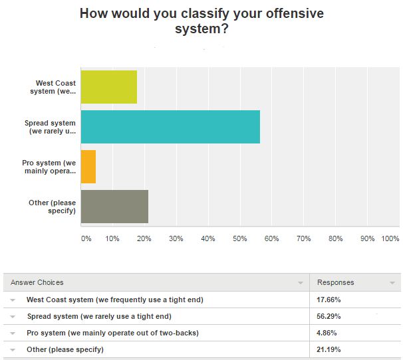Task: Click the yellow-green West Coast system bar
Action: click(x=108, y=87)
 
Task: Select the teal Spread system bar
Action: click(x=170, y=127)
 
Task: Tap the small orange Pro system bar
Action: click(x=88, y=167)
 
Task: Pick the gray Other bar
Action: click(x=114, y=207)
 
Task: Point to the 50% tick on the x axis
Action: click(x=240, y=238)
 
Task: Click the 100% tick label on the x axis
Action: click(x=390, y=238)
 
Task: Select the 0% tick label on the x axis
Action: click(x=86, y=238)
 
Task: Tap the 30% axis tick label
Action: click(x=176, y=238)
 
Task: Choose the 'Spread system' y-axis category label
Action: click(x=50, y=127)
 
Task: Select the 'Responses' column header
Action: click(x=336, y=282)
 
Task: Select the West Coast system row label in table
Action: click(x=115, y=300)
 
